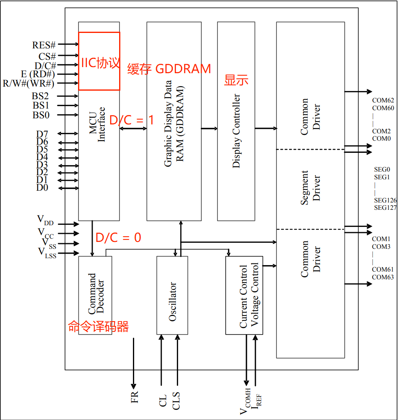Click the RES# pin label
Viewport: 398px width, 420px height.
(44, 45)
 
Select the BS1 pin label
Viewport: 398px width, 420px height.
(41, 106)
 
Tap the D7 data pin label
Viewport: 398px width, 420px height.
(42, 134)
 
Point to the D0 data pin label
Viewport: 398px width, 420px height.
(42, 187)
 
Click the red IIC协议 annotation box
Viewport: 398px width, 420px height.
(99, 61)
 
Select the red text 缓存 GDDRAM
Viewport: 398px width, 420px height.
(169, 69)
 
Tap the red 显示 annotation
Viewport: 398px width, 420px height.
(236, 80)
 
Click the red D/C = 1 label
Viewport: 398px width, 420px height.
(132, 120)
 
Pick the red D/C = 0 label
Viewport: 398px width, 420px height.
(118, 237)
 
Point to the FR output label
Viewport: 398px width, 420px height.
(135, 396)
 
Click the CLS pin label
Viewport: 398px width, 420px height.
(176, 400)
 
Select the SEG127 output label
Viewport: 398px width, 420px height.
(385, 208)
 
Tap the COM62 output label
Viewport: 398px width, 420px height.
(383, 100)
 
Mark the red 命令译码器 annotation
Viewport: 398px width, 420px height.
(98, 326)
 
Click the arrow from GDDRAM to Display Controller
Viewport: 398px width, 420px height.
(209, 129)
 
